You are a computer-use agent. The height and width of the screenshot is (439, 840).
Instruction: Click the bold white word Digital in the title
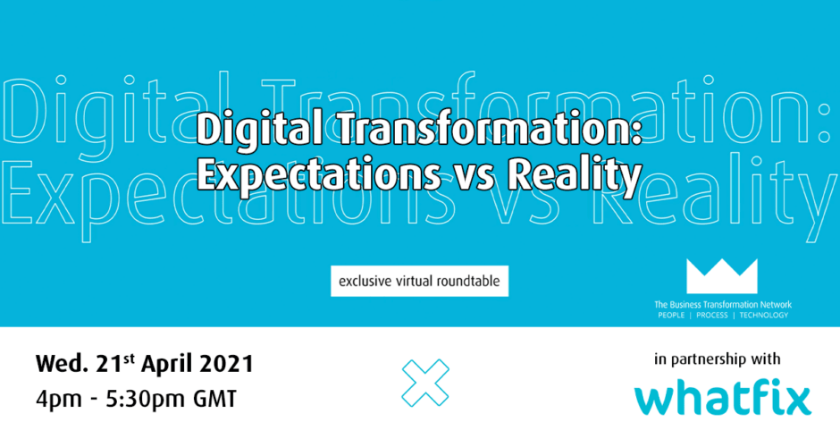click(258, 131)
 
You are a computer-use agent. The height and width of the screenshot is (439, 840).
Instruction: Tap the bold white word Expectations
click(319, 175)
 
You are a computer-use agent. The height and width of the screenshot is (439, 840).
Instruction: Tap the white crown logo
click(722, 276)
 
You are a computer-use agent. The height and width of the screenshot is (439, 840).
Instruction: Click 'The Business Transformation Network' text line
click(723, 305)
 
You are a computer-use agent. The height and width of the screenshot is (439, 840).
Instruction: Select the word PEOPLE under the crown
click(671, 316)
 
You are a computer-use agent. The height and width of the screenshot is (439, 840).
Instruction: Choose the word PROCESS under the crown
click(712, 316)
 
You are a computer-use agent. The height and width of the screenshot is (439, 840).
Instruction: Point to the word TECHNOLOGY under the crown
click(763, 316)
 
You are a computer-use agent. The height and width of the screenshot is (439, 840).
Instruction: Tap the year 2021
click(227, 365)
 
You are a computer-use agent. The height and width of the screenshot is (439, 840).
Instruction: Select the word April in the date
click(167, 365)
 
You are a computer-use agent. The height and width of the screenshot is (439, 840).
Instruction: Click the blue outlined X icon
click(425, 383)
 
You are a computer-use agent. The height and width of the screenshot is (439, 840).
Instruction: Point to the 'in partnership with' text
click(718, 359)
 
